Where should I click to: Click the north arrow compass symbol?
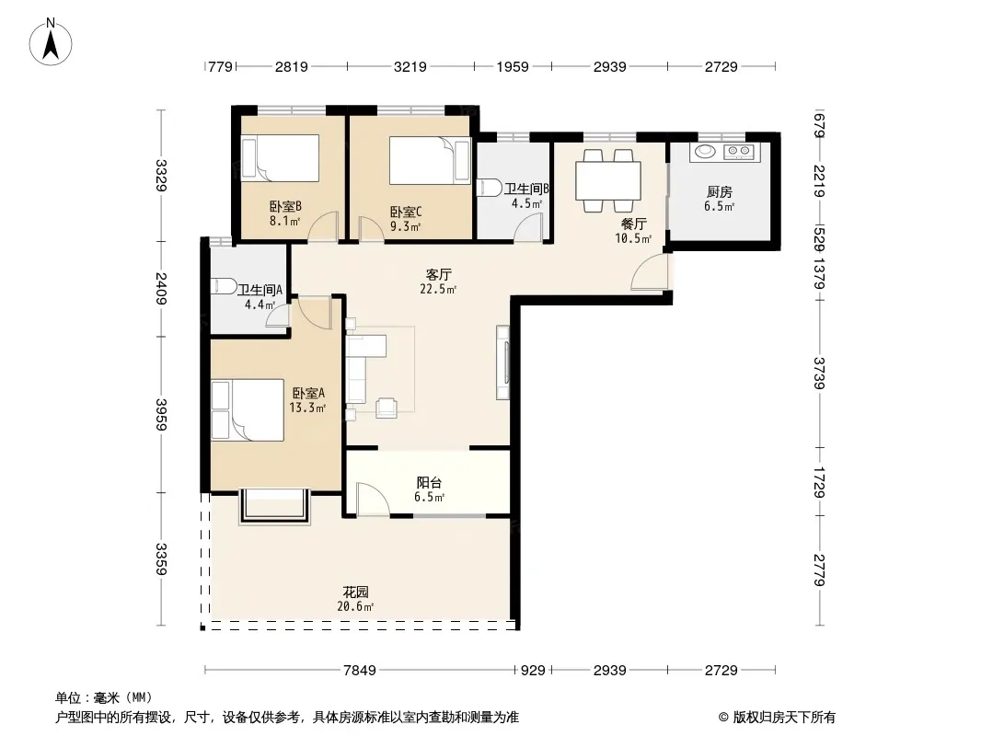[51, 42]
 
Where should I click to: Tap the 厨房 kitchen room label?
[720, 192]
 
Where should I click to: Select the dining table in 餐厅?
[608, 180]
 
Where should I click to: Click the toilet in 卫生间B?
[489, 188]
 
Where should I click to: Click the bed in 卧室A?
[248, 410]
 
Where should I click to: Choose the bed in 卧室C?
[429, 161]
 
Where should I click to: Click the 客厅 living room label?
[439, 274]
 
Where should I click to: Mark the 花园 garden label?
[355, 592]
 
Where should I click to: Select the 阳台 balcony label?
[429, 482]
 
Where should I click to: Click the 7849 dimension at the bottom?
[360, 671]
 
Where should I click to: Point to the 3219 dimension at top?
[410, 66]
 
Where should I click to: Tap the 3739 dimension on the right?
[819, 374]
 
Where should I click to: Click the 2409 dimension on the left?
[161, 288]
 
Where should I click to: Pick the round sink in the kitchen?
[706, 151]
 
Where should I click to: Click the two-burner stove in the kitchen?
[738, 151]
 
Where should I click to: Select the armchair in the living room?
[386, 408]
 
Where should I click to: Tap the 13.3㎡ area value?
[307, 408]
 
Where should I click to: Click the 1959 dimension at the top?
[513, 66]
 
